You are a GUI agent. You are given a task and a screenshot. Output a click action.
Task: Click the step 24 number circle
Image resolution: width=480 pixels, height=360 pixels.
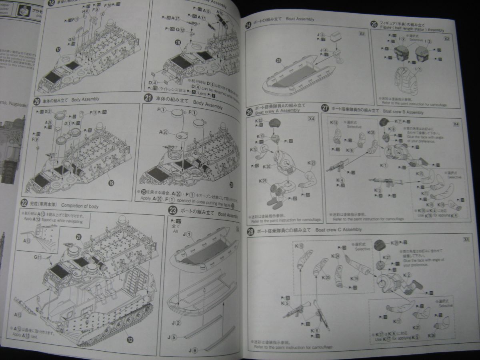coord(249,26)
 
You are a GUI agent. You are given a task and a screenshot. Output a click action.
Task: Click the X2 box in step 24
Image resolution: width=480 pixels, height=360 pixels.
coord(362,34)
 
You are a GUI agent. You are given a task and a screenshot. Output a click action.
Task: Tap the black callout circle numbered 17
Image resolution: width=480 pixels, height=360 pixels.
coord(58,50)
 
